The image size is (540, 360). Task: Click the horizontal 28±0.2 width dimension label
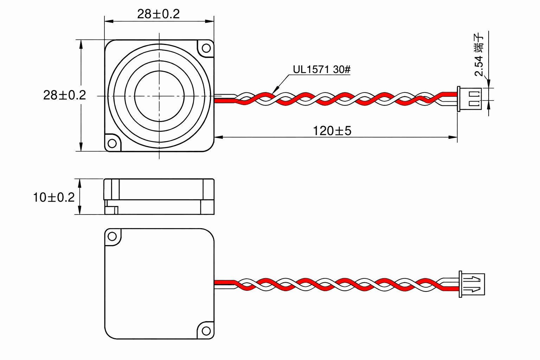159,14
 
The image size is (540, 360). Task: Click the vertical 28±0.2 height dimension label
64,95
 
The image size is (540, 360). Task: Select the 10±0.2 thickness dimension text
54,197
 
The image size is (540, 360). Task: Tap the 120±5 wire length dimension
332,131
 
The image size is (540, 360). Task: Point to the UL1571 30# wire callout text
322,70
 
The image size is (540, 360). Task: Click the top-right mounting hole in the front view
206,48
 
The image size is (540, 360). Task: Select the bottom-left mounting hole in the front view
112,143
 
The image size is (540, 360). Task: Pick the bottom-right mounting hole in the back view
206,331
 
